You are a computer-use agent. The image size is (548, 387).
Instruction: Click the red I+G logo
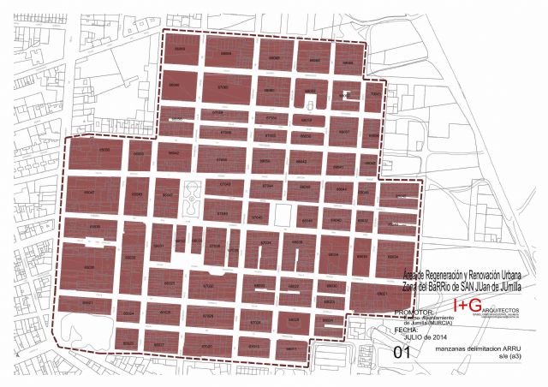click(467, 306)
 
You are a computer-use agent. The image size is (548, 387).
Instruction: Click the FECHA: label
click(407, 329)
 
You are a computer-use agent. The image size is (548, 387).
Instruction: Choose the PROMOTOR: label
click(414, 313)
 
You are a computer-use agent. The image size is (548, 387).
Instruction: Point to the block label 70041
click(374, 92)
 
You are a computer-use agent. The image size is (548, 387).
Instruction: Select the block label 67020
click(207, 346)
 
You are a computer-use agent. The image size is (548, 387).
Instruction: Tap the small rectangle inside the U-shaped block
click(346, 96)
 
